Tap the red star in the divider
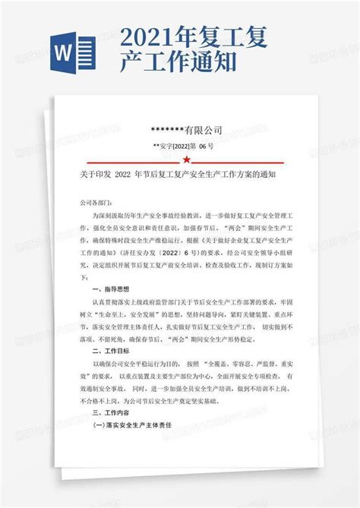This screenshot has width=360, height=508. tap(186, 161)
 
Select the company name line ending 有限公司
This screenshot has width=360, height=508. tap(186, 129)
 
